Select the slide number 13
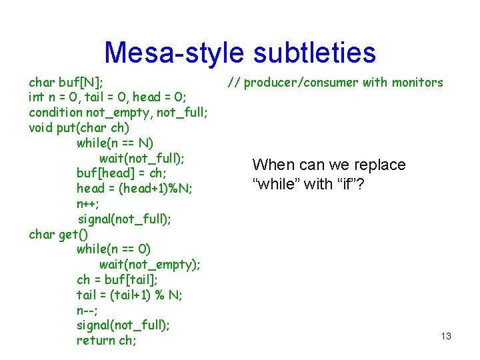click(x=446, y=336)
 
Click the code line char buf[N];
click(x=66, y=83)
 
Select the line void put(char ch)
click(x=79, y=127)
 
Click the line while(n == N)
click(x=115, y=143)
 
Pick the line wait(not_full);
click(x=142, y=158)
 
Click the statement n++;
click(x=88, y=203)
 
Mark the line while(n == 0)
click(x=113, y=249)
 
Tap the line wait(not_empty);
click(x=150, y=265)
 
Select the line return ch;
click(x=107, y=341)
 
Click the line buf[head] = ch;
click(x=122, y=173)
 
